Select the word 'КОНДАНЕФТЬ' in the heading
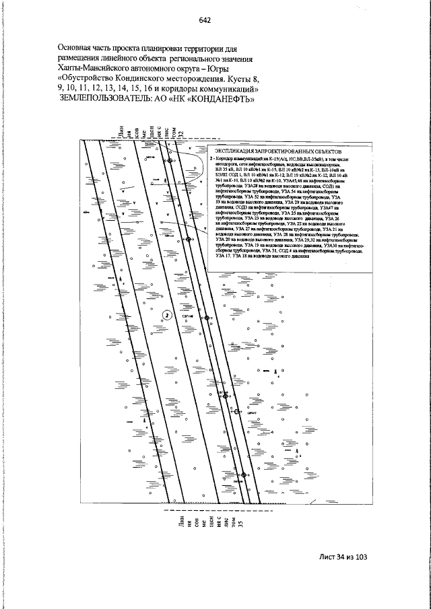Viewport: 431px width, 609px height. [x=216, y=99]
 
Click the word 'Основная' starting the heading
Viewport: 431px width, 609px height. [x=78, y=48]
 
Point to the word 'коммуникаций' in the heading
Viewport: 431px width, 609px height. [x=226, y=89]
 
